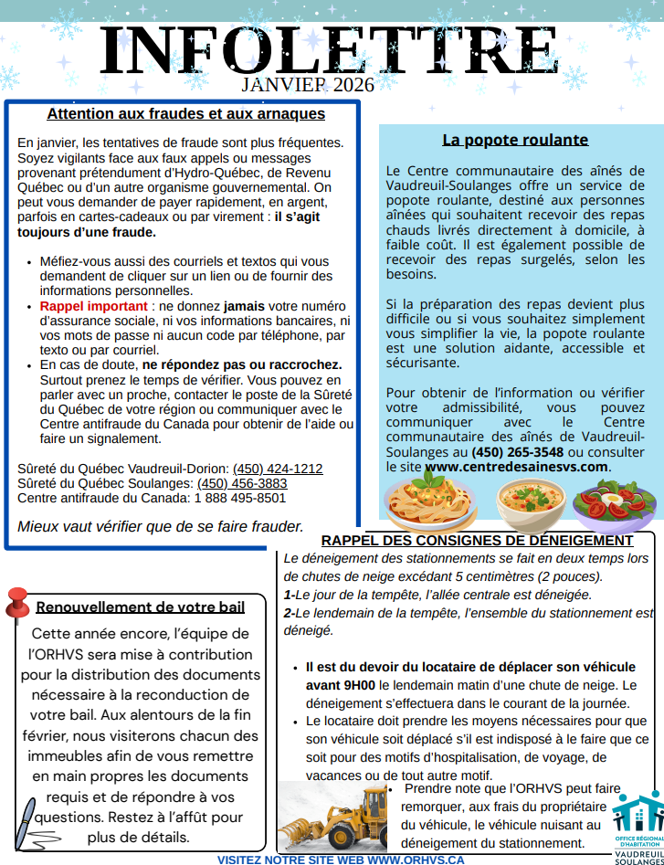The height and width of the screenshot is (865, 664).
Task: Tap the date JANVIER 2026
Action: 308,85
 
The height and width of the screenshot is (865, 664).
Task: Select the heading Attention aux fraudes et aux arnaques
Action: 185,114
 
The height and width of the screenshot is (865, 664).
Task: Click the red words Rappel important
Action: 93,306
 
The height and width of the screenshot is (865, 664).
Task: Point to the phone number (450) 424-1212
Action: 278,469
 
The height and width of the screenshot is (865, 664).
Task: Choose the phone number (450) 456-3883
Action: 242,483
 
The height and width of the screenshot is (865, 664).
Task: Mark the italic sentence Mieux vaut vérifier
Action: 160,526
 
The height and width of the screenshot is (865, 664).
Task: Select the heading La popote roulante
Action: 515,140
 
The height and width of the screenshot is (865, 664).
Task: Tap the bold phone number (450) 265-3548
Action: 518,451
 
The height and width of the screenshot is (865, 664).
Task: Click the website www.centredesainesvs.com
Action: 516,466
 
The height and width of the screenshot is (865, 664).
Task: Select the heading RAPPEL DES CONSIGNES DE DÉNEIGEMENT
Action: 477,540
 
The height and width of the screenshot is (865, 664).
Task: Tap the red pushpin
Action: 17,603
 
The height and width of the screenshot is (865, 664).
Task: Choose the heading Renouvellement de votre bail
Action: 141,607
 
